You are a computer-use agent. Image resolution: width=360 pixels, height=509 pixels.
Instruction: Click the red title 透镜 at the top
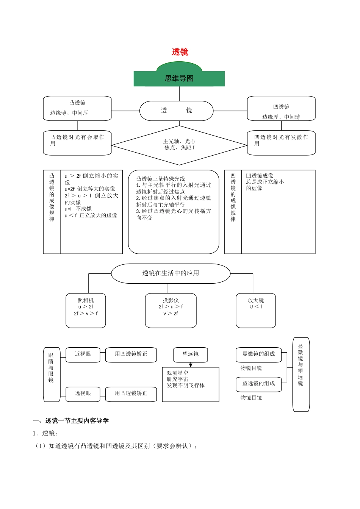[x=180, y=52]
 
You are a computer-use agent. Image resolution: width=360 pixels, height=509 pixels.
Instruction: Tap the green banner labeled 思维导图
[x=179, y=78]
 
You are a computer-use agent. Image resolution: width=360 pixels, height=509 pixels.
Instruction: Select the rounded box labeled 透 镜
[x=176, y=111]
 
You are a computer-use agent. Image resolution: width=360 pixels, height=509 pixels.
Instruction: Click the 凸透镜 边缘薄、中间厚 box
[x=77, y=108]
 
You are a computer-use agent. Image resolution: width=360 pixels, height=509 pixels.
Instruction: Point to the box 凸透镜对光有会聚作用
[x=77, y=143]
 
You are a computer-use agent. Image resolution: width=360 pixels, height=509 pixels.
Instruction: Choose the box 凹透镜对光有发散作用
[x=281, y=143]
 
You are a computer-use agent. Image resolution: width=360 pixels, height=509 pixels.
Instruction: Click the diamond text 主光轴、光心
[x=179, y=141]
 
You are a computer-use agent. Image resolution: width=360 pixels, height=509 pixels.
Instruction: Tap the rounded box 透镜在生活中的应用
[x=171, y=273]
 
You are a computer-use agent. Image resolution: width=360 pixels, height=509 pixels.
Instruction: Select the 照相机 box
[x=86, y=310]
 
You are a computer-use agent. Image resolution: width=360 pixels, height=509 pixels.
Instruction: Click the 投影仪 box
[x=171, y=310]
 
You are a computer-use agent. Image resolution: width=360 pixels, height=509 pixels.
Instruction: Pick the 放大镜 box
[x=256, y=310]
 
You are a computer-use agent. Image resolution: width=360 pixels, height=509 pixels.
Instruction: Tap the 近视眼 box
[x=83, y=354]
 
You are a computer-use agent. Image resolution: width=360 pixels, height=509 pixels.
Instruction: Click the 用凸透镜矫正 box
[x=131, y=393]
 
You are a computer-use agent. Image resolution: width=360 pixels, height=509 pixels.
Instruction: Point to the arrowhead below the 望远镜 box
[x=191, y=365]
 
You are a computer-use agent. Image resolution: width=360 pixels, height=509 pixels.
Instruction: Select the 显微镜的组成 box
[x=258, y=354]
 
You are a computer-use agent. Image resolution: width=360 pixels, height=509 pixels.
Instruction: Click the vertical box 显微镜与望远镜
[x=301, y=374]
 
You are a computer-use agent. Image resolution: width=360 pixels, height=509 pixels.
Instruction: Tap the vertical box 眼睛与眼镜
[x=51, y=374]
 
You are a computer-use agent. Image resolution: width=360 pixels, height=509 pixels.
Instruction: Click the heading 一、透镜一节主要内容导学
[x=71, y=421]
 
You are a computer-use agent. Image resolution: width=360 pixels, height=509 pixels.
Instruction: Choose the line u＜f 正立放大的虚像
[x=91, y=215]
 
